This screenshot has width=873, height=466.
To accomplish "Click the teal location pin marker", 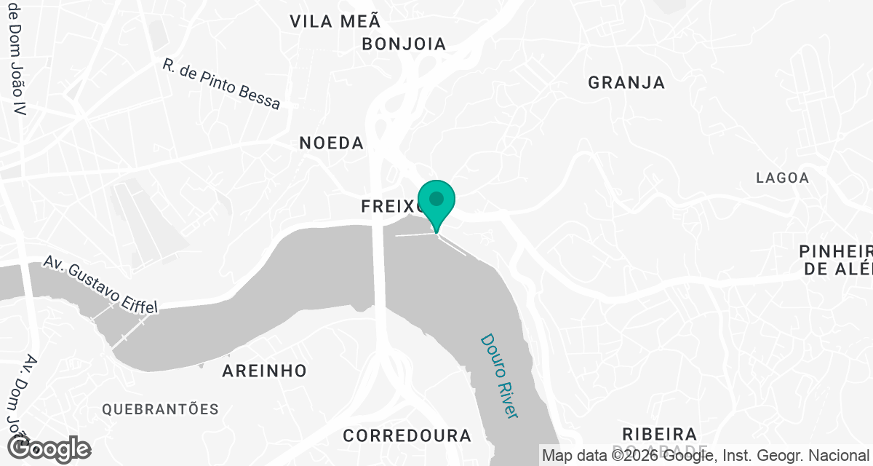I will tap(436, 205).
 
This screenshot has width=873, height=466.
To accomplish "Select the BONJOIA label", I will tap(404, 44).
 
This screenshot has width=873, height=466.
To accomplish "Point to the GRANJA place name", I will tap(626, 82).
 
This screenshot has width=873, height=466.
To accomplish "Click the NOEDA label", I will tap(331, 143).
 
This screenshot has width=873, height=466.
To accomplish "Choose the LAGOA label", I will tap(782, 178).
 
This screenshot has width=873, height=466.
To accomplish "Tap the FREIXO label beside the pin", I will tap(390, 208).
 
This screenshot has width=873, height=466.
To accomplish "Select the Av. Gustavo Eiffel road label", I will tap(100, 285).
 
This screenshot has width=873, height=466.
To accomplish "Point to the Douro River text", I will tap(499, 376).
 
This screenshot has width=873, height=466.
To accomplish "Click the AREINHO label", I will tap(264, 371).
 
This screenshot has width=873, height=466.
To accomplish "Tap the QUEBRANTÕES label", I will tap(160, 409).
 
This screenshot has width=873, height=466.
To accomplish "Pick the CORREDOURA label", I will tap(407, 436).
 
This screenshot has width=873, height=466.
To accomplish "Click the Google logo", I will tap(49, 449).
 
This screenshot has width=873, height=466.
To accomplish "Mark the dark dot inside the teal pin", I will tap(436, 198).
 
